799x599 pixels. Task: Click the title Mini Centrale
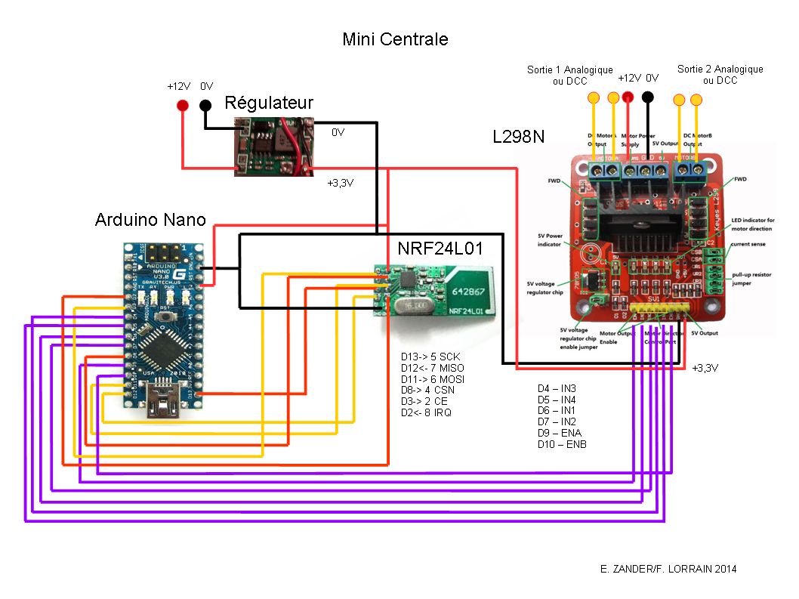pyautogui.click(x=395, y=39)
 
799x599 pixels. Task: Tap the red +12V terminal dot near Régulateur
pyautogui.click(x=182, y=105)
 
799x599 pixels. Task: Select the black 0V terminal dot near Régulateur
pyautogui.click(x=205, y=105)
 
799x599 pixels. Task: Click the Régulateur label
pyautogui.click(x=269, y=103)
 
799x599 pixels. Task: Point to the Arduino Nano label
pyautogui.click(x=150, y=220)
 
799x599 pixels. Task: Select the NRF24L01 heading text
pyautogui.click(x=440, y=249)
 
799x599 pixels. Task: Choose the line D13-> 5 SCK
pyautogui.click(x=430, y=357)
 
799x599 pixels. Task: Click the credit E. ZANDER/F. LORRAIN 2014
pyautogui.click(x=665, y=569)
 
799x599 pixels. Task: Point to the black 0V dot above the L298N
pyautogui.click(x=647, y=97)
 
